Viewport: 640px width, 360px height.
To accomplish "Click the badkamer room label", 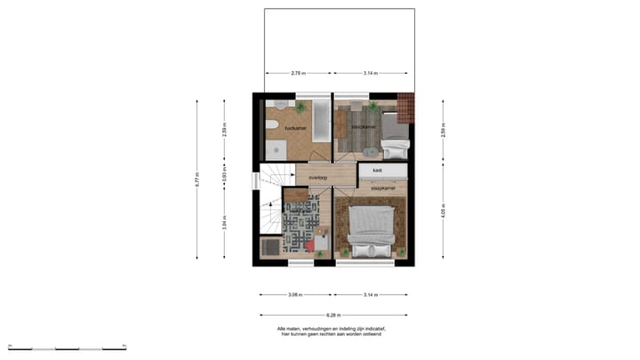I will pyautogui.click(x=296, y=129).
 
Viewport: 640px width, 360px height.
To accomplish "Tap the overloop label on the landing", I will pyautogui.click(x=318, y=178).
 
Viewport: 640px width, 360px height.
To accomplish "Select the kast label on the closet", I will pyautogui.click(x=377, y=169).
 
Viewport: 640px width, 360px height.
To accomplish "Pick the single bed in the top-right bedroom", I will pyautogui.click(x=395, y=133).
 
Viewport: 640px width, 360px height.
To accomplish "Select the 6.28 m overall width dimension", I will pyautogui.click(x=333, y=314).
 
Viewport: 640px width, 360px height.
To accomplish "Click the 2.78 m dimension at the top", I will pyautogui.click(x=298, y=73).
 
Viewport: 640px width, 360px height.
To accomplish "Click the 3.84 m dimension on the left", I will pyautogui.click(x=224, y=222).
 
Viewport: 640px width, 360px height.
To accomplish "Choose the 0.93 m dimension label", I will pyautogui.click(x=224, y=176).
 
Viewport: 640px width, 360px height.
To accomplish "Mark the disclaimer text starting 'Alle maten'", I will pyautogui.click(x=329, y=331).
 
